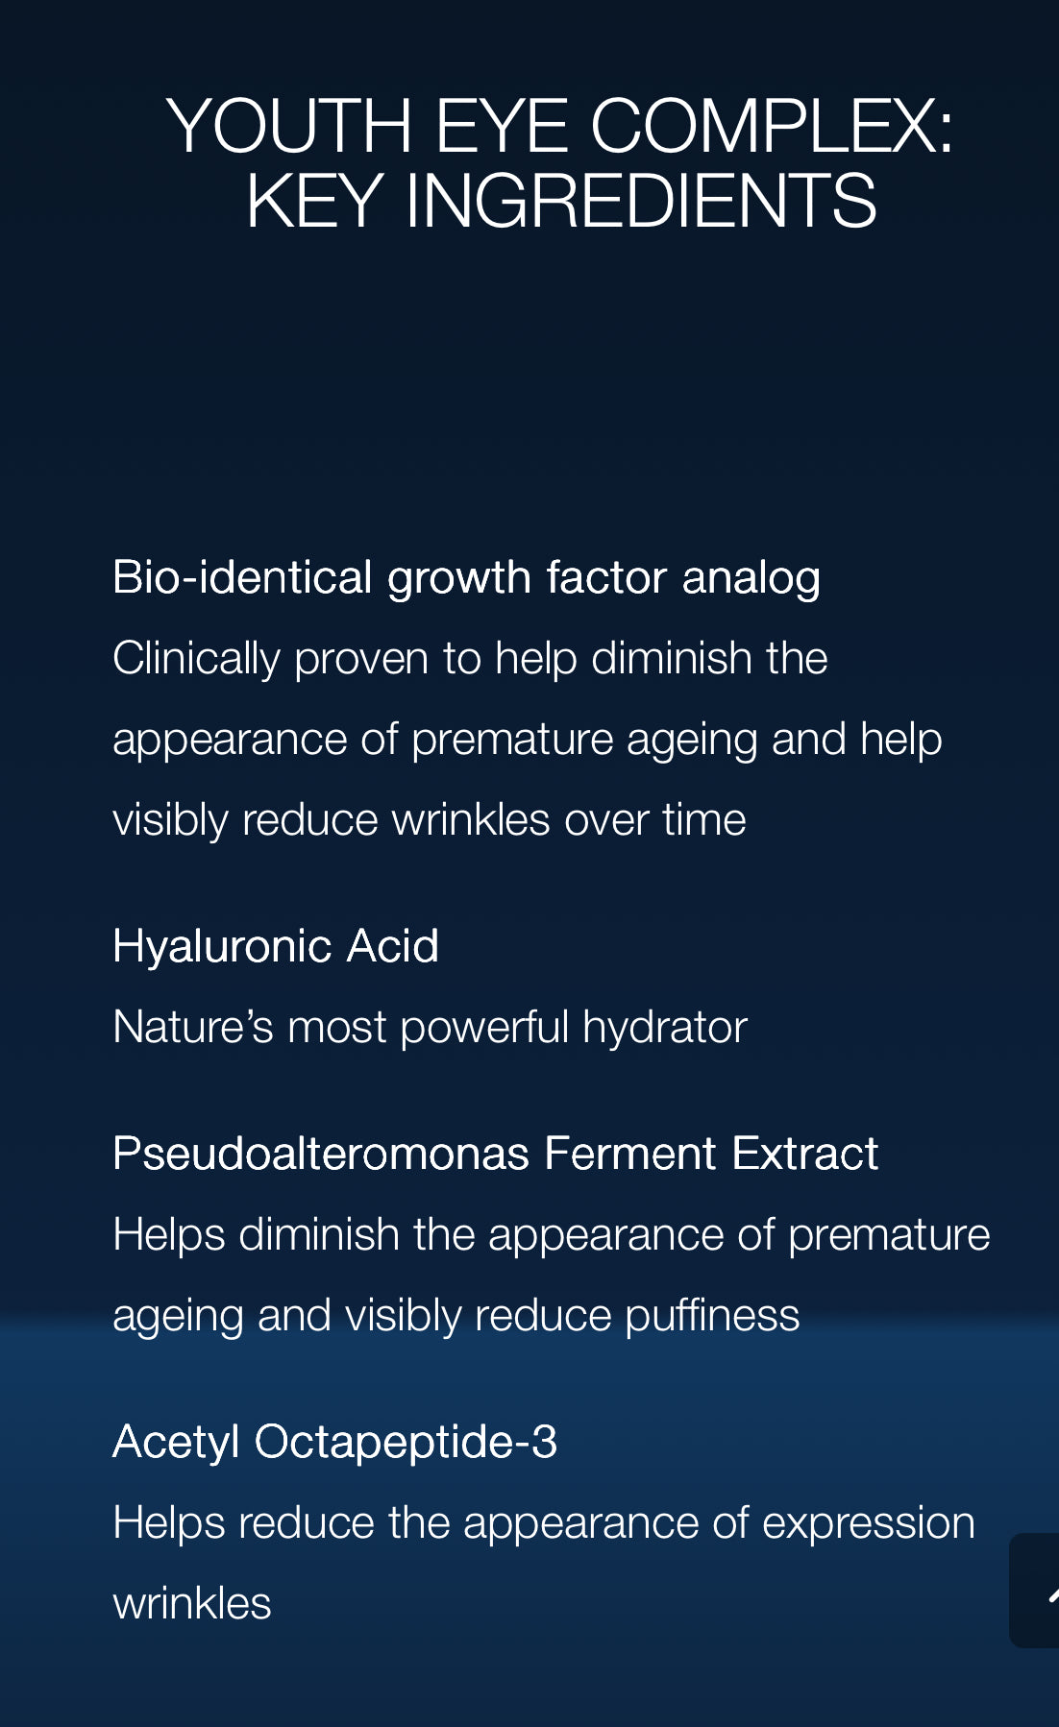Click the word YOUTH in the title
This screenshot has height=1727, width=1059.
(x=289, y=126)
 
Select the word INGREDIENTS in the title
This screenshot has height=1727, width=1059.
(x=641, y=201)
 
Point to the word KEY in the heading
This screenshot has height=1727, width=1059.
(x=315, y=201)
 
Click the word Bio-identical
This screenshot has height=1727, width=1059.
(x=242, y=577)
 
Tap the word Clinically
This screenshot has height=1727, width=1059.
(x=197, y=660)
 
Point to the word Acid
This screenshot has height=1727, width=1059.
(x=392, y=946)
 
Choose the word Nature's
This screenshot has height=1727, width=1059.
(x=194, y=1027)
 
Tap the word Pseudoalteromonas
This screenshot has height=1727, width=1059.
(x=321, y=1154)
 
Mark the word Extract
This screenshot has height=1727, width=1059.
(x=805, y=1154)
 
